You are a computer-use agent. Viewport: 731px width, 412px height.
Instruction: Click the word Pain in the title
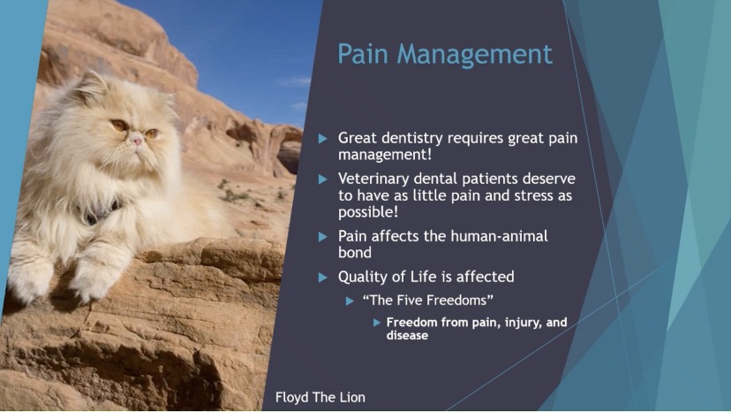[x=363, y=54]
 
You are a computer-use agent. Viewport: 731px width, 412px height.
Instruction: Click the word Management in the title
[x=475, y=56]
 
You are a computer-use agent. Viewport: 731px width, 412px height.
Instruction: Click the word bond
[x=355, y=253]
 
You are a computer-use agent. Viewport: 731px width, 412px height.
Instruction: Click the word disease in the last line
[x=407, y=335]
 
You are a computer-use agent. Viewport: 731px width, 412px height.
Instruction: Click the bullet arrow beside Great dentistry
[x=322, y=139]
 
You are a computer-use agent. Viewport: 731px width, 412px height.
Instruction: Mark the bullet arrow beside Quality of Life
[x=322, y=278]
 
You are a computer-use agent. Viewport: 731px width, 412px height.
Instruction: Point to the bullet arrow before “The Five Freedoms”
[x=350, y=301]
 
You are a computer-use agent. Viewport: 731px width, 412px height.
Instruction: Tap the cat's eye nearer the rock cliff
[x=152, y=134]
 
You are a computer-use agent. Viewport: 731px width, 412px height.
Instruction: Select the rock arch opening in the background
[x=290, y=156]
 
